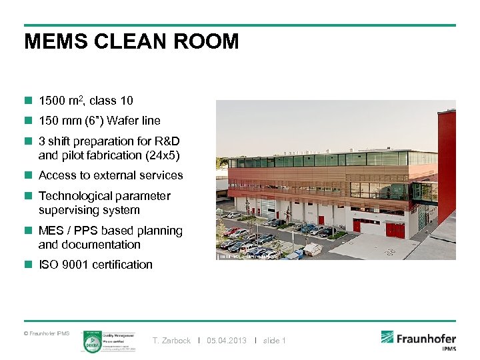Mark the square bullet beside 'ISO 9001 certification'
click(28, 265)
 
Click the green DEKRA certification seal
click(91, 343)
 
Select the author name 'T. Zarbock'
click(171, 341)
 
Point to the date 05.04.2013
click(227, 341)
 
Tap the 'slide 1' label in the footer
click(275, 341)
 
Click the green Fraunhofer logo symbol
click(388, 337)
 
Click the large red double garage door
click(395, 230)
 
